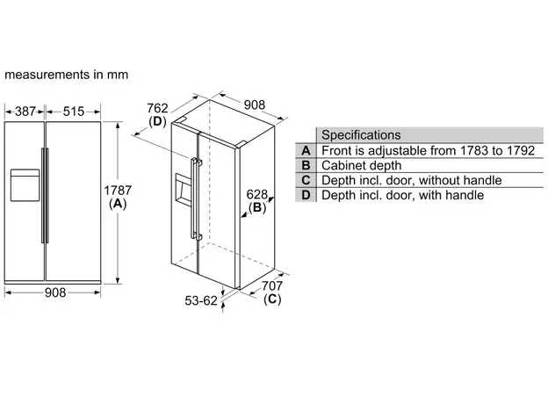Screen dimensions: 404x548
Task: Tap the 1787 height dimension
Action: click(118, 190)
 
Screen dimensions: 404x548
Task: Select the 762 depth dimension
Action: click(157, 109)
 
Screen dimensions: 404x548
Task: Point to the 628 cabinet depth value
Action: click(256, 194)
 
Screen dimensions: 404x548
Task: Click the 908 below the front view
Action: click(56, 293)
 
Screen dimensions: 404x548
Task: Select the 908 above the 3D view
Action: click(254, 105)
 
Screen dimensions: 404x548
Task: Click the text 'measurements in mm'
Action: click(67, 75)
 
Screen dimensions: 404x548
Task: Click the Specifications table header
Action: click(361, 135)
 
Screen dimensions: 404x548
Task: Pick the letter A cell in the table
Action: click(306, 150)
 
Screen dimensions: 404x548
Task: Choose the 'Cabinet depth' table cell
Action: click(362, 165)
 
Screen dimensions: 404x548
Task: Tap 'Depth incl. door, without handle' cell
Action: click(412, 180)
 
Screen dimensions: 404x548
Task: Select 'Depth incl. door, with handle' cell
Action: click(402, 195)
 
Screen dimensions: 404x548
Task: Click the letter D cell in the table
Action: click(306, 195)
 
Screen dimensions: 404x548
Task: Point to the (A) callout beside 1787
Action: click(118, 204)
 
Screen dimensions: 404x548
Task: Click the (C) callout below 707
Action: click(272, 299)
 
